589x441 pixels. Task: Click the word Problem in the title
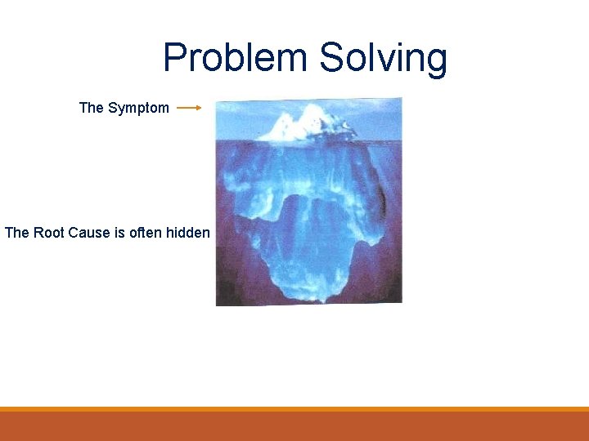[236, 59]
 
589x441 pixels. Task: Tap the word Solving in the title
[383, 59]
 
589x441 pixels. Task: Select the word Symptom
[138, 108]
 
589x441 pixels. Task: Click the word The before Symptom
[92, 108]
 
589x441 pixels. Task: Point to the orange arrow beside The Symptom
[189, 107]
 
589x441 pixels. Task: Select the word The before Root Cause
[17, 233]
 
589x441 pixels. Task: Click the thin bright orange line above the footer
[294, 408]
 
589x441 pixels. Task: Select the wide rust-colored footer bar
[294, 426]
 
